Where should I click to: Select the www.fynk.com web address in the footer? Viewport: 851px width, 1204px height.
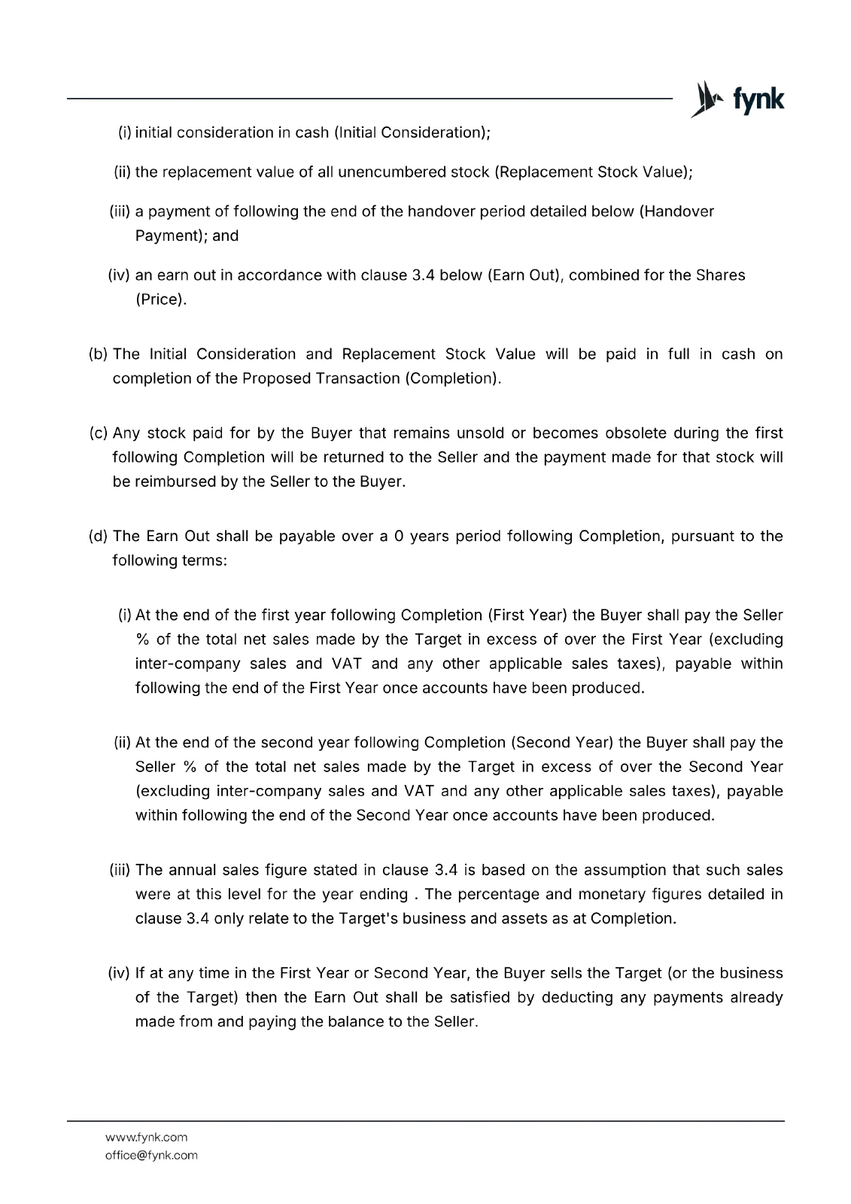click(x=147, y=1137)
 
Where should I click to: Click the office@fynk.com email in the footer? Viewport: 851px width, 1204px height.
click(x=151, y=1155)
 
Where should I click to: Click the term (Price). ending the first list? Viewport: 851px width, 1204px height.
click(x=161, y=299)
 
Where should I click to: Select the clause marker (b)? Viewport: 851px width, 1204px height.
click(x=99, y=354)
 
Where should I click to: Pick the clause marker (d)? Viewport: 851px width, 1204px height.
click(x=99, y=536)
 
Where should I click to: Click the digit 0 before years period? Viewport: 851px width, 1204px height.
click(x=400, y=536)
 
